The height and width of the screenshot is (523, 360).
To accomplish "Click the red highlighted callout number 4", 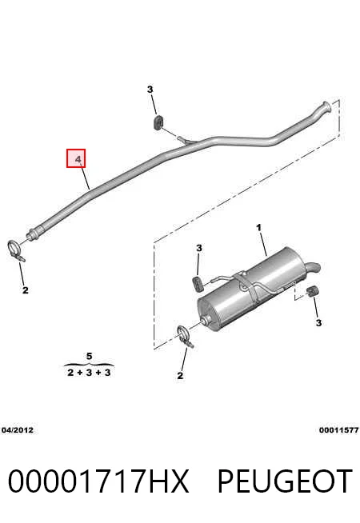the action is point(76,158).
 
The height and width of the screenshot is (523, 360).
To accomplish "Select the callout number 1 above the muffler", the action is point(259,228).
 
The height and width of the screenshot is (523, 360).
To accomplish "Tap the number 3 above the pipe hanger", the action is point(150,90).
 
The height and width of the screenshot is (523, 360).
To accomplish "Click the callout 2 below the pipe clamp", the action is point(26,290).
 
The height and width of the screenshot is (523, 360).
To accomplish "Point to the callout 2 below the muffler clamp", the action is point(180,376).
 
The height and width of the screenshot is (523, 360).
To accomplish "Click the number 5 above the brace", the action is point(89,356).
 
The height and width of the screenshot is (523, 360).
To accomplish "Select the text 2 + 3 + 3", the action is point(89,372).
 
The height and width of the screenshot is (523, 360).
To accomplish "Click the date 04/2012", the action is point(18,430).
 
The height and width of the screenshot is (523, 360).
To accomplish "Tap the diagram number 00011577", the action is point(339,430).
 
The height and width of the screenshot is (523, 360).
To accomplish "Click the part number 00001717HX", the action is point(98,481).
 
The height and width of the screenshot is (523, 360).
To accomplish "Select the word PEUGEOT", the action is point(285,481).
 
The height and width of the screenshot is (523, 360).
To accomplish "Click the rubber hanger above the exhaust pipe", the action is point(158,122).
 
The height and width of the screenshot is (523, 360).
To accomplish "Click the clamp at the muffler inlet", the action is point(185,337).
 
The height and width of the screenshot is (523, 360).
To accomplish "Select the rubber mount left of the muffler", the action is point(198,284).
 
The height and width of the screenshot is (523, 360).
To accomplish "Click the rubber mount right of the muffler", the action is point(312,291).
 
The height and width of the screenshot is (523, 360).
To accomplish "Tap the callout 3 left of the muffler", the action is point(199,248).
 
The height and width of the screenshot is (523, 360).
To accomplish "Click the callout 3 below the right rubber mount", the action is point(318,323).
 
